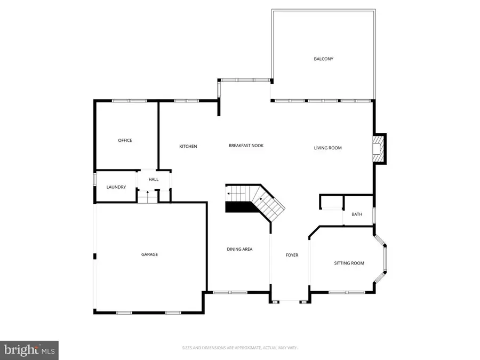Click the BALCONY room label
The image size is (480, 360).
click(x=323, y=59)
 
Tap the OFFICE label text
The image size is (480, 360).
click(x=125, y=140)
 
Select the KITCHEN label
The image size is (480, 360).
click(x=188, y=146)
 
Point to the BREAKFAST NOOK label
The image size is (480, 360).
click(x=246, y=146)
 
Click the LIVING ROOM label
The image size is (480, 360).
click(x=327, y=148)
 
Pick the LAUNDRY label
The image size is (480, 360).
click(x=116, y=187)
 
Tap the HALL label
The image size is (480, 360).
click(x=154, y=179)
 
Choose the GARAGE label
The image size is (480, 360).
click(x=149, y=254)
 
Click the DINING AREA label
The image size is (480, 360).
click(x=239, y=249)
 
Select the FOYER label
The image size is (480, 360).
click(x=292, y=255)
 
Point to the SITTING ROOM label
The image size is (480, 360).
click(x=349, y=263)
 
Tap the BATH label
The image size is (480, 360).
click(x=357, y=214)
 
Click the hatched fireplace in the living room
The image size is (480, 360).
click(x=378, y=148)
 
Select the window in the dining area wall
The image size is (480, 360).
click(x=230, y=292)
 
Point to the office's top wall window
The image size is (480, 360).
click(x=129, y=100)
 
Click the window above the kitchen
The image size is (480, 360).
click(x=187, y=100)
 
